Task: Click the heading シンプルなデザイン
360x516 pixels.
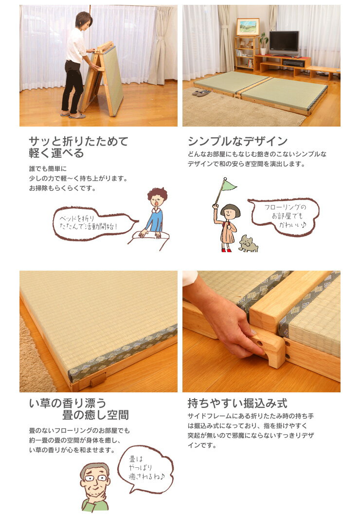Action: coord(238,142)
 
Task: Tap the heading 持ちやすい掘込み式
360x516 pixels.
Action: coord(237,404)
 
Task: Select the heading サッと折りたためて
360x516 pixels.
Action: coord(78,142)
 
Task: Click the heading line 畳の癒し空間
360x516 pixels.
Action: coord(95,415)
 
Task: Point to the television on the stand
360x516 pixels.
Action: coord(284,43)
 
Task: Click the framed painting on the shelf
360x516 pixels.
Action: coord(248,27)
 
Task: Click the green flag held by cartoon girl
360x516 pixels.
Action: coord(229,185)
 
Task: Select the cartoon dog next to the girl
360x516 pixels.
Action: coord(249,243)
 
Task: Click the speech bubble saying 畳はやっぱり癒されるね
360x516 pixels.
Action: coord(145,469)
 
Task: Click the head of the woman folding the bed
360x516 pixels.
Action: coord(83,20)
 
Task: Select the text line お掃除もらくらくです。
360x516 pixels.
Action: coord(63,188)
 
